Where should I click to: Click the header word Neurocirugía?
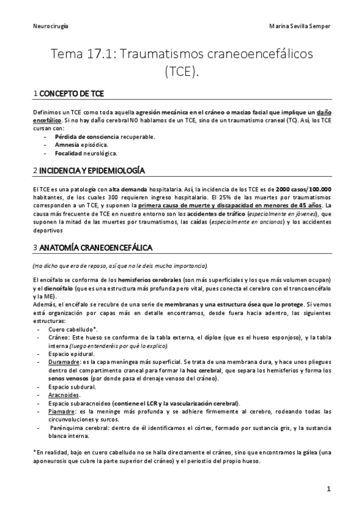point(50,27)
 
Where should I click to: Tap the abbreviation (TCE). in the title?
point(182,72)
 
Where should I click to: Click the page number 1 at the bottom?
point(328,489)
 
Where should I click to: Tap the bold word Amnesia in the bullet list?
point(67,145)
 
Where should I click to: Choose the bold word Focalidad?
point(69,154)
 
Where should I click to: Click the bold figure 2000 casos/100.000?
point(302,189)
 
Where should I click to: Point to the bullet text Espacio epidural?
point(72,353)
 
